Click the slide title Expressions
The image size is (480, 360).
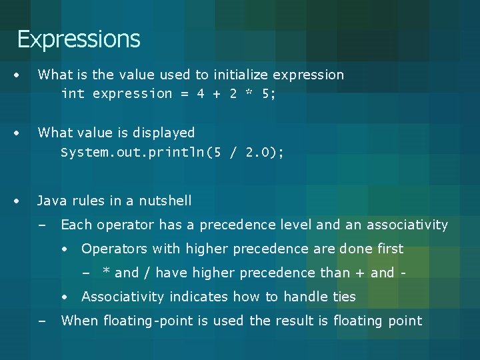pyautogui.click(x=79, y=39)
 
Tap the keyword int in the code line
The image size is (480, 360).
pyautogui.click(x=73, y=94)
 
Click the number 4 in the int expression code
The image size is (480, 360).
pyautogui.click(x=201, y=94)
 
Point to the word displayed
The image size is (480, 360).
pyautogui.click(x=166, y=133)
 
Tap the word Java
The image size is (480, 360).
pyautogui.click(x=51, y=201)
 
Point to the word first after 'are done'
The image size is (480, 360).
pyautogui.click(x=389, y=249)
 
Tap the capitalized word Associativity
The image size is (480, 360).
pyautogui.click(x=123, y=297)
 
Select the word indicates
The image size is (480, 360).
pyautogui.click(x=195, y=297)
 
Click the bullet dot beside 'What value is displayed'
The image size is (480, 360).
pyautogui.click(x=23, y=133)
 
